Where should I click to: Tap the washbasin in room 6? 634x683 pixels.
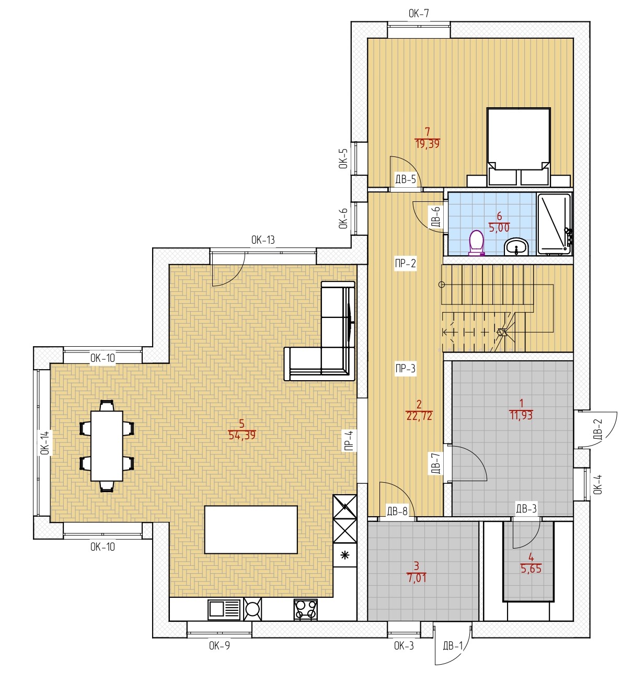[516, 247]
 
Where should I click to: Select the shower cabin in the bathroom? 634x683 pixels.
[554, 224]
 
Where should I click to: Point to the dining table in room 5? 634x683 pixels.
[107, 446]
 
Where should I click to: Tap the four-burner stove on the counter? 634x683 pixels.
[306, 610]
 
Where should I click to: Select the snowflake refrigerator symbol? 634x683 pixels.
[345, 555]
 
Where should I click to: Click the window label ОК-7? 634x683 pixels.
[419, 14]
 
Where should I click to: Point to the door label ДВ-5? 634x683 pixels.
[406, 179]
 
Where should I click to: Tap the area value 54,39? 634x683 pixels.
[242, 436]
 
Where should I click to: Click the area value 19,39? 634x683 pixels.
[428, 144]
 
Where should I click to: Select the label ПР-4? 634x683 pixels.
[349, 440]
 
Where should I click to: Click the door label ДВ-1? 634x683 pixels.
[453, 646]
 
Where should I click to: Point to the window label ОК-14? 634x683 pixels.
[45, 442]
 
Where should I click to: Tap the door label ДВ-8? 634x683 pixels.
[397, 511]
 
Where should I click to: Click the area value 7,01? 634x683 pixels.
[417, 578]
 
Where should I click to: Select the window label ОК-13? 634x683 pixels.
[263, 240]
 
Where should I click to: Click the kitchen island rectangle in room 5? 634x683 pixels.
[251, 530]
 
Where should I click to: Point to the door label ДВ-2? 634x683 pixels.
[598, 429]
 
